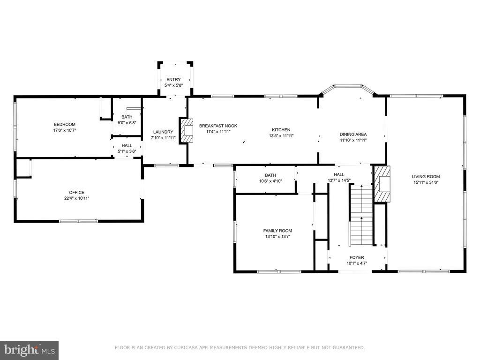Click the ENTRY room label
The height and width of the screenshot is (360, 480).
pyautogui.click(x=173, y=80)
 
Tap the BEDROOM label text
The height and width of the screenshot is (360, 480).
pyautogui.click(x=65, y=124)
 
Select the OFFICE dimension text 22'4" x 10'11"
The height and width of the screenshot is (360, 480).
pyautogui.click(x=76, y=198)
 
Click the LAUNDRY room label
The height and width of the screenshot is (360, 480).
pyautogui.click(x=163, y=132)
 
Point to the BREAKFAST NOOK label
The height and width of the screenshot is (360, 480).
pyautogui.click(x=218, y=126)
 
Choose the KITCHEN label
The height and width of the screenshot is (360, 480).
pyautogui.click(x=281, y=130)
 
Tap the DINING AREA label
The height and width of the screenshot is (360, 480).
pyautogui.click(x=353, y=135)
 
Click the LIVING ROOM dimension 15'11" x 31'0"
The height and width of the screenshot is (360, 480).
pyautogui.click(x=426, y=182)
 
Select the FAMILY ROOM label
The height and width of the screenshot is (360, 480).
pyautogui.click(x=277, y=231)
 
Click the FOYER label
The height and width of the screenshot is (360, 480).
pyautogui.click(x=357, y=257)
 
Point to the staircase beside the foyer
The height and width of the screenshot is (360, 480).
pyautogui.click(x=361, y=215)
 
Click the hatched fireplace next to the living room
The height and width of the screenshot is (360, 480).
pyautogui.click(x=382, y=184)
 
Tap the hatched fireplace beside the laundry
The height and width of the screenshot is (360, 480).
pyautogui.click(x=187, y=130)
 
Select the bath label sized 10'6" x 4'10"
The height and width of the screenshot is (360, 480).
pyautogui.click(x=270, y=175)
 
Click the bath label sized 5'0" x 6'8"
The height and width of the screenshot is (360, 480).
pyautogui.click(x=127, y=117)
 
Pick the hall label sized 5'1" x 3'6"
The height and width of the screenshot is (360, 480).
pyautogui.click(x=127, y=146)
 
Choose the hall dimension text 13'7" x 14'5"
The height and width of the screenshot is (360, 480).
pyautogui.click(x=339, y=180)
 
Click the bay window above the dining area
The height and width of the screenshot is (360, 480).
pyautogui.click(x=348, y=90)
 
